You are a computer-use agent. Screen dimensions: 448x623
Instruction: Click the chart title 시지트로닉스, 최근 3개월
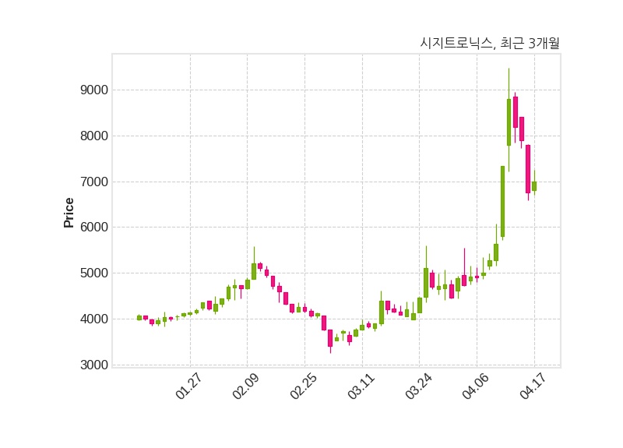point(489,44)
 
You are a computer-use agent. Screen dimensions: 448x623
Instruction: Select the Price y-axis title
point(69,212)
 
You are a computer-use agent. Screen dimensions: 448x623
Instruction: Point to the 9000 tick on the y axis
point(93,90)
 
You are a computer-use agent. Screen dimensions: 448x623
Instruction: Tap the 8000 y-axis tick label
point(93,136)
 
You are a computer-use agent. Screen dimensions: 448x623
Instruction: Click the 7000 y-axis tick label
point(93,182)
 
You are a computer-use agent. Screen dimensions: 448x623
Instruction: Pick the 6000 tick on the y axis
point(93,228)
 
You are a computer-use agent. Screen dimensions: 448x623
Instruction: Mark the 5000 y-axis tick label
point(93,273)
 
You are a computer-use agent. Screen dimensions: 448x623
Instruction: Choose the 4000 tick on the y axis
point(93,319)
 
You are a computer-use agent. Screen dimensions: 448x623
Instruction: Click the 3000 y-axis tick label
point(93,365)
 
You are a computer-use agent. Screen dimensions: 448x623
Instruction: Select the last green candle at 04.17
point(534,186)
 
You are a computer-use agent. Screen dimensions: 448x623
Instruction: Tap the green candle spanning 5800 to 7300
point(502,201)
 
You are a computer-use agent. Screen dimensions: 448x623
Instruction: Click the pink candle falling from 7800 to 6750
point(528,168)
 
